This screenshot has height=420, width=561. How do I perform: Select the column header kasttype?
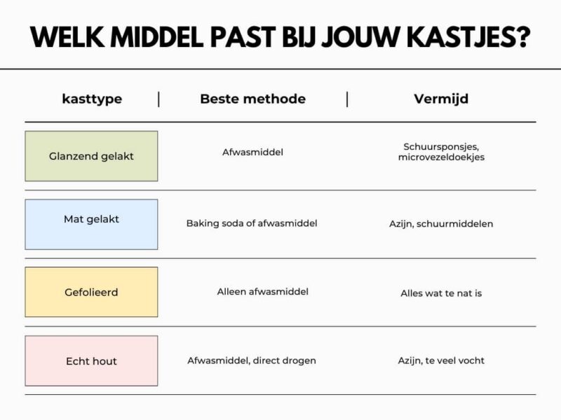(92, 99)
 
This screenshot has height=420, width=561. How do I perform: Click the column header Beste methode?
(252, 99)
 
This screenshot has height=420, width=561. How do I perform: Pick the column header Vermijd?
(441, 99)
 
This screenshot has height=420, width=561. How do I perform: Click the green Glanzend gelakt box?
(91, 156)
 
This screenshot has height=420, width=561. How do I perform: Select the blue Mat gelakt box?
(91, 224)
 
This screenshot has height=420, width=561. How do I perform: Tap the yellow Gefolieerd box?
(91, 292)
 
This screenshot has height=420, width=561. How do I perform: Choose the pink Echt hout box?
(91, 360)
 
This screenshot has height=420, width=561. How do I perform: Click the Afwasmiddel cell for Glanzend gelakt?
(252, 151)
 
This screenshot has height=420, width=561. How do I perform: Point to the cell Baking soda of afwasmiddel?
(252, 223)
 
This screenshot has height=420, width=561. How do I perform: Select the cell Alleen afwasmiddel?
(262, 291)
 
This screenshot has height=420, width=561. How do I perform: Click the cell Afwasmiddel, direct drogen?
(252, 360)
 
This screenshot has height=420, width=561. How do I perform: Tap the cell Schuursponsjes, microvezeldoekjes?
(441, 152)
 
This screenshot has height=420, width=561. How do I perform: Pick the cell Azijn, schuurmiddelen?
(441, 224)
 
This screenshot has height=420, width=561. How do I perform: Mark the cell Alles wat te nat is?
(441, 293)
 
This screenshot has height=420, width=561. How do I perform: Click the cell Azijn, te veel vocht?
(441, 360)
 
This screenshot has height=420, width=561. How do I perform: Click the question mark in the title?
(521, 37)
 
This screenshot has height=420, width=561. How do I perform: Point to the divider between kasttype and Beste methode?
(158, 99)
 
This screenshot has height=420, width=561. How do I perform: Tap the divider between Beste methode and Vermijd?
(347, 99)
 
